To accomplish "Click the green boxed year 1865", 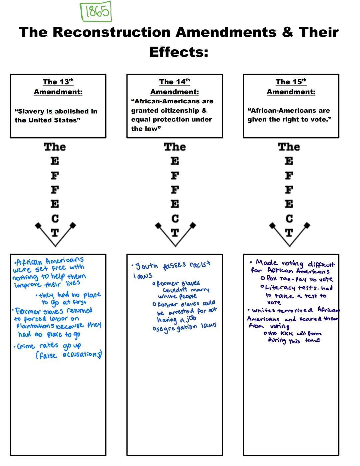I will (96, 12).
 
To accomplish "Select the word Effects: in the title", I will (179, 52).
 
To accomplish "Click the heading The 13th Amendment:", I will (58, 87).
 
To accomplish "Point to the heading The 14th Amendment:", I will (174, 87).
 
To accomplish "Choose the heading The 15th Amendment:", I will (291, 87).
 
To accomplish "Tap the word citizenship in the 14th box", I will (180, 110).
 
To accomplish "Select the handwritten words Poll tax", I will (279, 279).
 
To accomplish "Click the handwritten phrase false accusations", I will (69, 355).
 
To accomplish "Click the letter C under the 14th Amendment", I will (175, 218).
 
